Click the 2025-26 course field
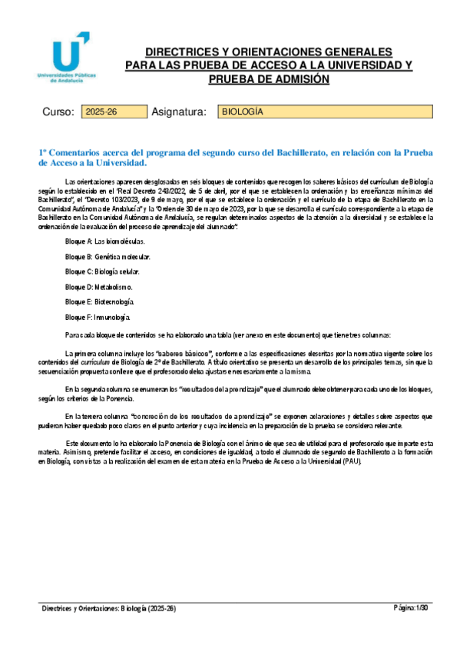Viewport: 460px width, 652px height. [103, 112]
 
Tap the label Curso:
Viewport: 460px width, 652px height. [58, 113]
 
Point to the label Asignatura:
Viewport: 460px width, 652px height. [180, 113]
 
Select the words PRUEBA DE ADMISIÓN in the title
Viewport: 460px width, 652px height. [268, 79]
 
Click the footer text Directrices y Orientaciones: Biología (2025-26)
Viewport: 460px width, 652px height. [110, 608]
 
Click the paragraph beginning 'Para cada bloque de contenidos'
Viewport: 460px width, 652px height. [227, 335]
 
